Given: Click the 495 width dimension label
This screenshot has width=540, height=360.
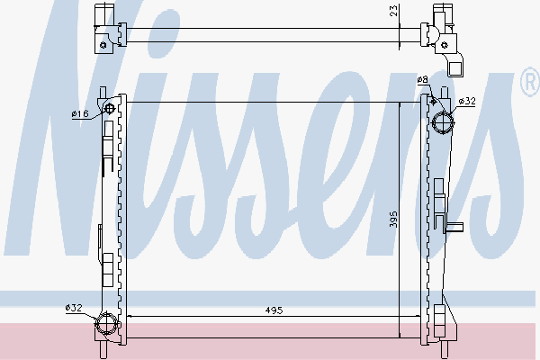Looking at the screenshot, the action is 274,310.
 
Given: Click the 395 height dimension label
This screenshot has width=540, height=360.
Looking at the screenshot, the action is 393,220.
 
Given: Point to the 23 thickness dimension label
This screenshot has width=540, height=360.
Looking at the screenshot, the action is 394,10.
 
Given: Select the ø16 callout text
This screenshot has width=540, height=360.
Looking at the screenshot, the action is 80,113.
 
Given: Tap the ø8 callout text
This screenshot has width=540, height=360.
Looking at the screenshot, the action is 423,80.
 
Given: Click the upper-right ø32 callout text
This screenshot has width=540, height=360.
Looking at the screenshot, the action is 467,101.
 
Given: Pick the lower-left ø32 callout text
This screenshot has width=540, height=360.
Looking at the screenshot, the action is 74,307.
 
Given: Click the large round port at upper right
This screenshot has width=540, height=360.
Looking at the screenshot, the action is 443,123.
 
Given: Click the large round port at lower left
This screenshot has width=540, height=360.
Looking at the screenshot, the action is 107,323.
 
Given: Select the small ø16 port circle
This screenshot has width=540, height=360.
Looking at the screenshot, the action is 110,109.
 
